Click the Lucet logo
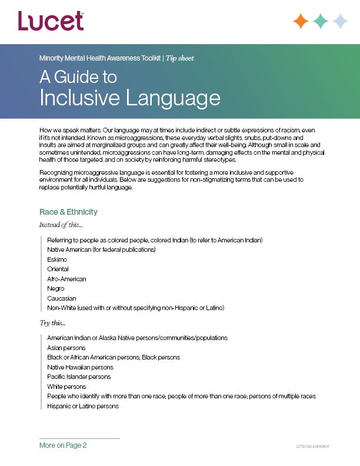(x=51, y=21)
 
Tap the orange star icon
(x=301, y=21)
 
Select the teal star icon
(x=321, y=21)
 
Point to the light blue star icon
(x=340, y=21)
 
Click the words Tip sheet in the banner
(x=179, y=58)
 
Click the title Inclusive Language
(x=129, y=97)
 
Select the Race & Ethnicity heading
(x=68, y=212)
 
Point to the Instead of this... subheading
(x=61, y=225)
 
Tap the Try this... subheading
(x=52, y=323)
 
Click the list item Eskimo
(x=57, y=259)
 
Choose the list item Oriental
(x=58, y=269)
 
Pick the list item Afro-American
(x=66, y=279)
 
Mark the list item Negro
(x=56, y=289)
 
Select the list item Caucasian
(x=61, y=298)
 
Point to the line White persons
(x=66, y=387)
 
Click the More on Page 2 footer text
(x=63, y=445)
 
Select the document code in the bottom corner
(x=312, y=447)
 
